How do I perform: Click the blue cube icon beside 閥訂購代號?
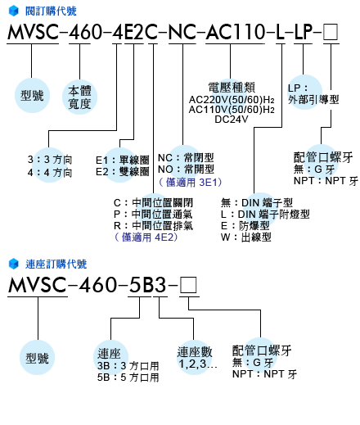14,11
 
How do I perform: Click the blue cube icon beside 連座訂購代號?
14,264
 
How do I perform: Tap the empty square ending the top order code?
331,32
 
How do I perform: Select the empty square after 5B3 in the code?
188,285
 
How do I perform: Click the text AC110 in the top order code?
235,32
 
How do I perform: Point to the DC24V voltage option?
232,120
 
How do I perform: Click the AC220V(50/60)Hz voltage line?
232,100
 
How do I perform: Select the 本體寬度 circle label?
79,97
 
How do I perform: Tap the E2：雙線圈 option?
123,172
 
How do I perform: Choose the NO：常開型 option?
186,170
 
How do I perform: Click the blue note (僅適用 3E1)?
190,182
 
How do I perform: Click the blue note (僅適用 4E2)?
146,237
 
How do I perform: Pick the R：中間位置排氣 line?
153,226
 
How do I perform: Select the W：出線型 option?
246,237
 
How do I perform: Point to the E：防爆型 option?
245,226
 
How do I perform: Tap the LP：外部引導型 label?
313,94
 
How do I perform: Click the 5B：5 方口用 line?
128,378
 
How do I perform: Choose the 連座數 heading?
195,352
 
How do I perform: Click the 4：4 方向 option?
50,173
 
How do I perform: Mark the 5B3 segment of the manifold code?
147,285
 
